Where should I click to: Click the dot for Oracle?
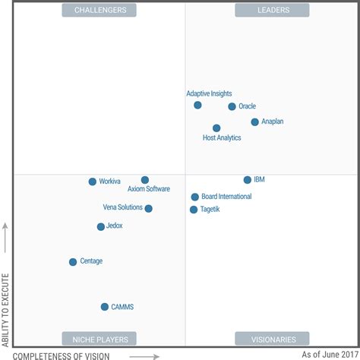pyautogui.click(x=232, y=106)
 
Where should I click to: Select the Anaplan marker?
pyautogui.click(x=254, y=122)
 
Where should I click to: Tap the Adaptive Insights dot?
pyautogui.click(x=197, y=105)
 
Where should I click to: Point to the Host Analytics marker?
pyautogui.click(x=216, y=128)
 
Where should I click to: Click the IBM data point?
pyautogui.click(x=247, y=180)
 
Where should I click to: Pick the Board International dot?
pyautogui.click(x=195, y=197)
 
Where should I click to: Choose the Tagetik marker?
pyautogui.click(x=194, y=210)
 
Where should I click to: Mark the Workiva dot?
pyautogui.click(x=93, y=182)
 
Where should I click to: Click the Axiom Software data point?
pyautogui.click(x=145, y=180)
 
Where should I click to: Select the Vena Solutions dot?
pyautogui.click(x=148, y=208)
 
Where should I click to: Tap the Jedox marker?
pyautogui.click(x=100, y=226)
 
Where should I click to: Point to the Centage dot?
pyautogui.click(x=73, y=262)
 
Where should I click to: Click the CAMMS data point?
pyautogui.click(x=105, y=307)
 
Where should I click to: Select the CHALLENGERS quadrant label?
pyautogui.click(x=99, y=10)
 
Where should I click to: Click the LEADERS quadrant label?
pyautogui.click(x=271, y=10)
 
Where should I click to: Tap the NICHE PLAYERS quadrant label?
pyautogui.click(x=99, y=339)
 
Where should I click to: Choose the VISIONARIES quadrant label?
pyautogui.click(x=271, y=339)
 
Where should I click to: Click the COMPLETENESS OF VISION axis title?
pyautogui.click(x=62, y=355)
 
